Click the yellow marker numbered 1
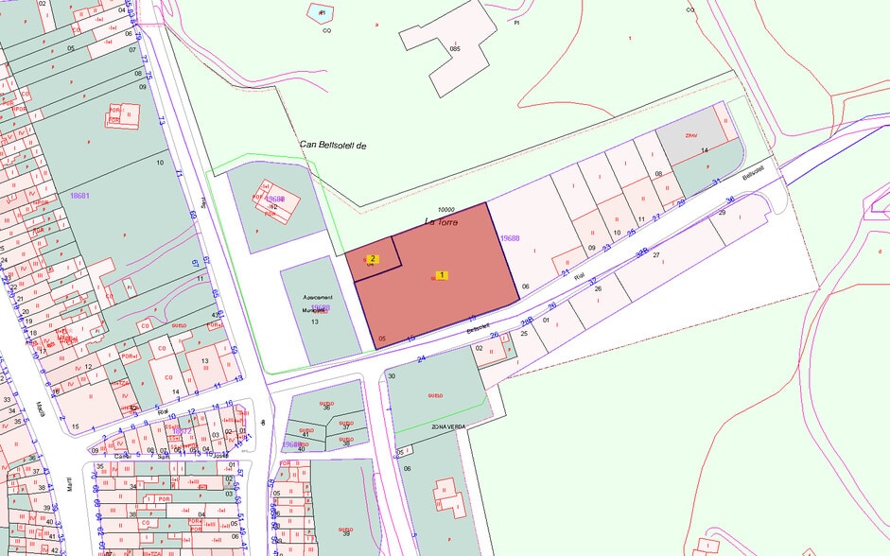(x=441, y=275)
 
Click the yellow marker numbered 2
(x=373, y=258)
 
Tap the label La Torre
(x=441, y=222)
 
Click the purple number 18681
(x=79, y=195)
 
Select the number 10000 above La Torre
(x=446, y=210)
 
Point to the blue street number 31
(x=717, y=182)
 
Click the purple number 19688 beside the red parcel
(x=511, y=239)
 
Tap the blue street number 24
(x=422, y=358)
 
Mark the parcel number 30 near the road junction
(x=391, y=376)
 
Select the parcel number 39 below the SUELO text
(x=346, y=533)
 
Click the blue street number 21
(x=566, y=272)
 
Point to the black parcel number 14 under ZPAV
(x=705, y=150)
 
